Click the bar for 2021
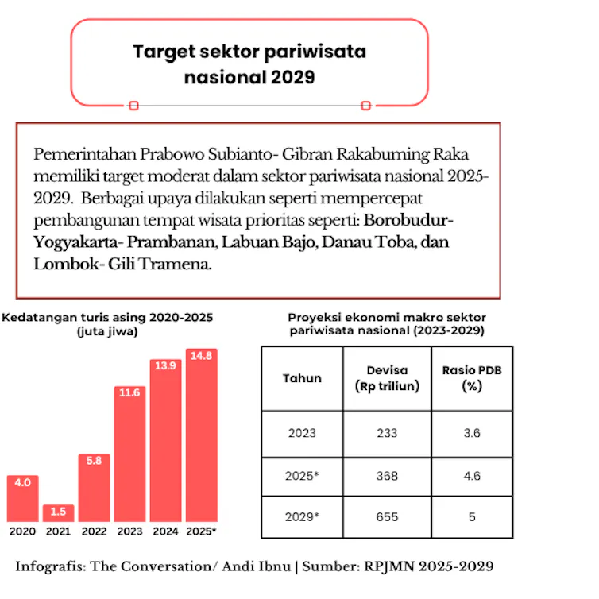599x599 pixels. tap(58, 513)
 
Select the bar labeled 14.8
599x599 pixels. tap(201, 435)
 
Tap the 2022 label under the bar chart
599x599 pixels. tap(94, 531)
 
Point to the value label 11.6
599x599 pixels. tap(129, 392)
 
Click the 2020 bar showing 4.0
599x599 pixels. tap(22, 499)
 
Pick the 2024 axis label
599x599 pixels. tap(165, 531)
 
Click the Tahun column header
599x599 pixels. tap(302, 378)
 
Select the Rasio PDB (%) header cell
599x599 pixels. tap(472, 378)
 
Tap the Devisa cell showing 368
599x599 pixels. tap(387, 476)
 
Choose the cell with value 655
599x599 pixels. tap(387, 517)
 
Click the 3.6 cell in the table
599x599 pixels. tap(472, 433)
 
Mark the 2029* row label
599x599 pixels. tap(302, 517)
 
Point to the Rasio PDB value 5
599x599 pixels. tap(472, 517)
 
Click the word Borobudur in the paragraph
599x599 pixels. tap(405, 220)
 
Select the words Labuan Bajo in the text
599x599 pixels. tap(269, 242)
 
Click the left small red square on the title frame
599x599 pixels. tap(133, 106)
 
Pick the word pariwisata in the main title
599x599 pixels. tap(315, 52)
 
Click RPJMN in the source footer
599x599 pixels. tap(389, 566)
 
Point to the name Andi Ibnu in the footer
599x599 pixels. tap(256, 566)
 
